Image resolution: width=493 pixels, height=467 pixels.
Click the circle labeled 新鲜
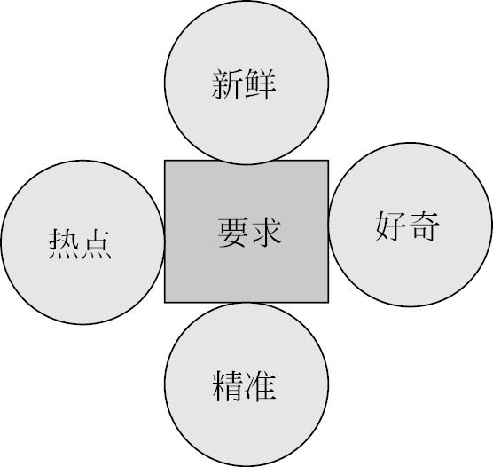point(246,83)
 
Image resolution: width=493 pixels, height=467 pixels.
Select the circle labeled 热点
point(83,242)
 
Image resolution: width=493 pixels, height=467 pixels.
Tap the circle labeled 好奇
point(411,225)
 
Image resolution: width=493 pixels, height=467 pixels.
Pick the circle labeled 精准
point(246,384)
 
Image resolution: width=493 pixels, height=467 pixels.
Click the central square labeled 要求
point(246,232)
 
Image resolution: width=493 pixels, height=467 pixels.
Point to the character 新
point(227,84)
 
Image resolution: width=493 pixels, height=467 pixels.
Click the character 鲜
point(261,84)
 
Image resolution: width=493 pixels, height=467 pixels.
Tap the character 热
point(64,244)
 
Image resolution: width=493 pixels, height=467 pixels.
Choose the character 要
point(233,233)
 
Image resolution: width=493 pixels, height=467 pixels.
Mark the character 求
point(266,233)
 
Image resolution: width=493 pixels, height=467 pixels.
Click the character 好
point(391,226)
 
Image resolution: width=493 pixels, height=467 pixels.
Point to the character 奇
point(424,226)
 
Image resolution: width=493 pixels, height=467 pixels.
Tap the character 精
point(228,386)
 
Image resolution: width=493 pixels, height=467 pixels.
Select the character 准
point(261,386)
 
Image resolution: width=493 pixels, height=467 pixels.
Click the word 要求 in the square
point(249,233)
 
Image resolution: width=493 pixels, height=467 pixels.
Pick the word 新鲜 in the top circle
point(244,84)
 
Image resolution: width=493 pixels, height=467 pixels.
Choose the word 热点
point(80,244)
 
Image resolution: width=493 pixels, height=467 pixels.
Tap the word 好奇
point(407,226)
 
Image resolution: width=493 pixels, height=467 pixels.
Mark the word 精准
point(245,386)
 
